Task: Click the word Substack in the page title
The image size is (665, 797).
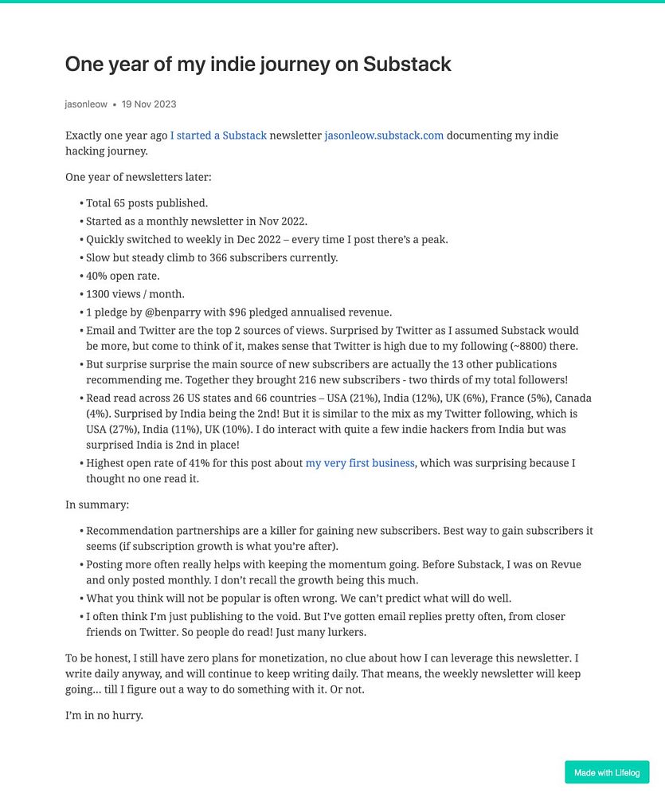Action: tap(407, 64)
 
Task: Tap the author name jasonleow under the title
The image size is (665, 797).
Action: tap(86, 104)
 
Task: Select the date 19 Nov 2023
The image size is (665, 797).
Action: tap(149, 104)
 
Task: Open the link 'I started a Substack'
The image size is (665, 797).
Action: tap(218, 135)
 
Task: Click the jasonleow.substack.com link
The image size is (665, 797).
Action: tap(384, 135)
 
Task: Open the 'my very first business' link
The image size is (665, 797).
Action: tap(360, 463)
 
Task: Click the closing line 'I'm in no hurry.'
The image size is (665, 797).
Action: tap(104, 715)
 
